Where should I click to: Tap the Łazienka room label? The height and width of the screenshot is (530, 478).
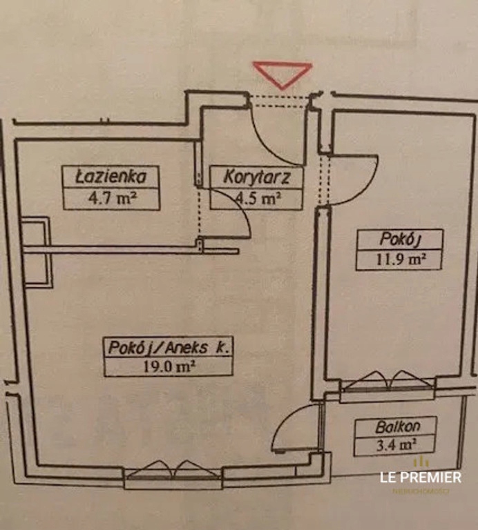click(x=111, y=177)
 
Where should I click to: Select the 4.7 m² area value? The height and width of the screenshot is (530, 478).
click(x=111, y=199)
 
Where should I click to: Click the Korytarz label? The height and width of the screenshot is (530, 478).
click(x=256, y=177)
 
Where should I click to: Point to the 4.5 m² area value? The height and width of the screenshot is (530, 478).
click(x=257, y=199)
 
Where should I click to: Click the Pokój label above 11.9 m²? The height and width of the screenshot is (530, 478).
click(x=400, y=239)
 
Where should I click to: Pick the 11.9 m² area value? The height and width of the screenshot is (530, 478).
click(x=400, y=260)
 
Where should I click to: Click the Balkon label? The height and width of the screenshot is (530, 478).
click(x=396, y=426)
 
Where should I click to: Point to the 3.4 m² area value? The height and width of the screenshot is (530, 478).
click(x=396, y=446)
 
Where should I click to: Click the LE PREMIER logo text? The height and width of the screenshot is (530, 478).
click(x=421, y=476)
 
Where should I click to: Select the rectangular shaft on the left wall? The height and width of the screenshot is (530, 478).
click(x=36, y=252)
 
